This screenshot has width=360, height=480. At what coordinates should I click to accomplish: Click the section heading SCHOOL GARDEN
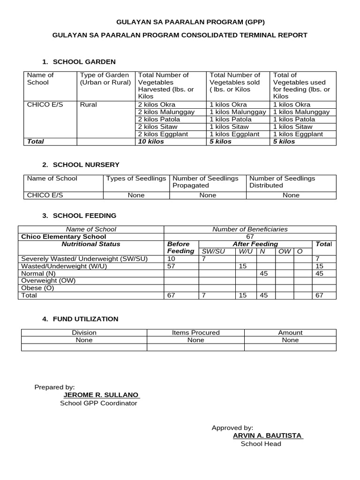pos(84,61)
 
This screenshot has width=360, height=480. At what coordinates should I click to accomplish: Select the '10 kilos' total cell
pos(151,141)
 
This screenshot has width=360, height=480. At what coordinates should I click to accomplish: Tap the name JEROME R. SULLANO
pos(101,395)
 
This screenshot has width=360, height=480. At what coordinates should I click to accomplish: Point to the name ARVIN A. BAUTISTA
pos(268,435)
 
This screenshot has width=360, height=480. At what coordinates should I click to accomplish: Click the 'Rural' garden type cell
pos(89,105)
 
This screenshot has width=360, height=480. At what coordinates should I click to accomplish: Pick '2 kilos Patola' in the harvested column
pos(159,119)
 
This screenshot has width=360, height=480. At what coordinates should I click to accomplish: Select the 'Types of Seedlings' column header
pos(136,178)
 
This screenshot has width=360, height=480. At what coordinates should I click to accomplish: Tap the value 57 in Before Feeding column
pos(172,266)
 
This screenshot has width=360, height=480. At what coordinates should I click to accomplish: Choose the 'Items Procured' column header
pos(195,332)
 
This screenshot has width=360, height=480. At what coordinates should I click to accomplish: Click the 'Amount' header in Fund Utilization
pos(290,332)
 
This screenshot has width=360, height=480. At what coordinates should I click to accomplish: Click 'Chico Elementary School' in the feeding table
pos(64,237)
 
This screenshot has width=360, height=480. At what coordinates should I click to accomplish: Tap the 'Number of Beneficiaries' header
pos(250,229)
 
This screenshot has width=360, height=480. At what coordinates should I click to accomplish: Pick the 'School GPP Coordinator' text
pos(98,403)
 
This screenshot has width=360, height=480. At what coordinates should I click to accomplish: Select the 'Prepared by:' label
pos(54,387)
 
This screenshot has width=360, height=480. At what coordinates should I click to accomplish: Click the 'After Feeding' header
pos(255,244)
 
